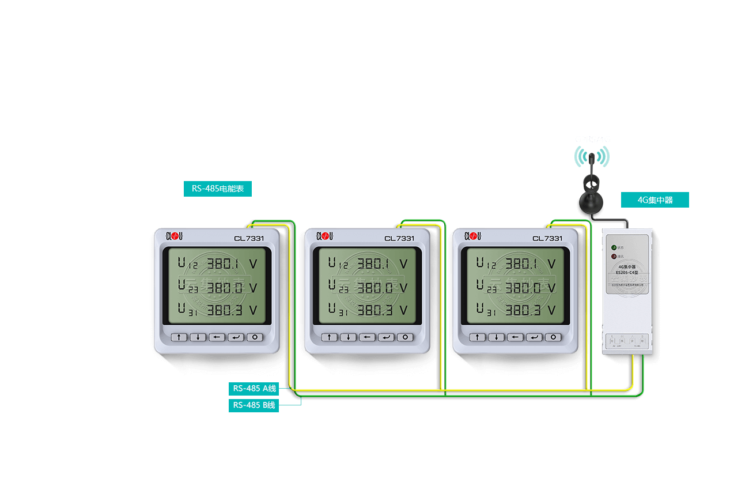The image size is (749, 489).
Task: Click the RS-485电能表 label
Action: point(218,189)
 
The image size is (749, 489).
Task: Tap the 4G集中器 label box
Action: point(655,200)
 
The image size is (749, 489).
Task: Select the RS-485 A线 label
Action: point(254,389)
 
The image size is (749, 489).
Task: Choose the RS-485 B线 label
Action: point(254,405)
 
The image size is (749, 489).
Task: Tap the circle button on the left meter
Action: point(255,337)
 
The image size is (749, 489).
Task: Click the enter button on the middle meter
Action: point(386,337)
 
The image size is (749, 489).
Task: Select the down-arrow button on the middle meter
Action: point(348,337)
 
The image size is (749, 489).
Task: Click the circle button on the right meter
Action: point(553,337)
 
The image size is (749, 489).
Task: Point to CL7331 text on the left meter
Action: point(249,238)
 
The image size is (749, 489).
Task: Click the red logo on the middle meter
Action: point(325,236)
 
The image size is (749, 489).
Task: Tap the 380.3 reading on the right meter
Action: point(523,310)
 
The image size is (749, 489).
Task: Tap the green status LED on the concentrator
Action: point(614,247)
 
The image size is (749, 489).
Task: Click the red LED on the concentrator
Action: point(614,256)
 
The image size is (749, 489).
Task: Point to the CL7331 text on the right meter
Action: point(547,238)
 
